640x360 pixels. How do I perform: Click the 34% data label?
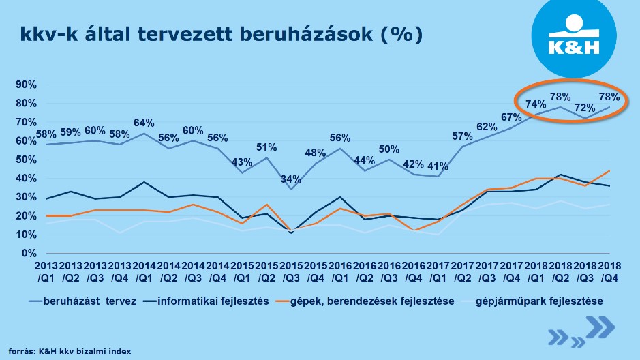tap(292, 179)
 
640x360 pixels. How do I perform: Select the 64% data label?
tap(144, 123)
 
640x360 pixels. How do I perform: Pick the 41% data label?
tap(439, 166)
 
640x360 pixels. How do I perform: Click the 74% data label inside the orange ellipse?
tap(536, 104)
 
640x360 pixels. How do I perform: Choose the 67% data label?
tap(511, 117)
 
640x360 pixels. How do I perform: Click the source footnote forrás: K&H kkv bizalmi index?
tap(70, 350)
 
